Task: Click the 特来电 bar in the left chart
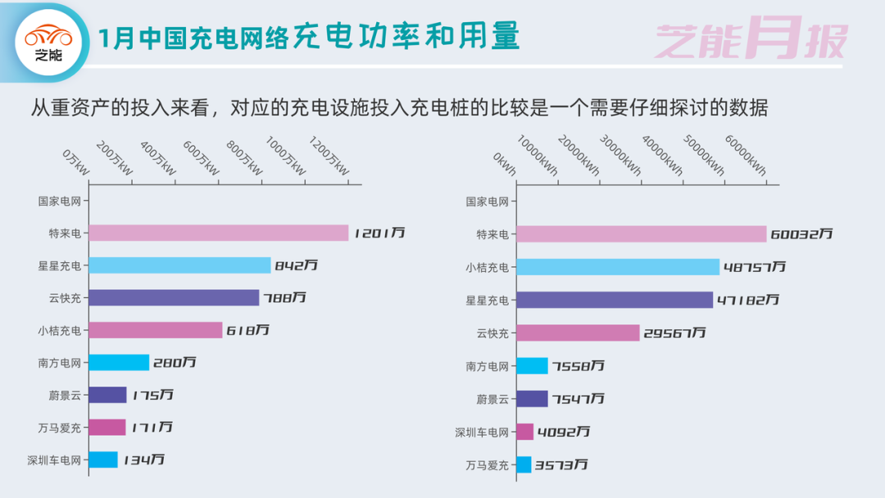[218, 233]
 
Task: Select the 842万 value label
[296, 265]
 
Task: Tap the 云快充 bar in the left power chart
[174, 297]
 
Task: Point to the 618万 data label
[248, 330]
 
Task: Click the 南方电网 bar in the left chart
[119, 362]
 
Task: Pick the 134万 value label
[144, 460]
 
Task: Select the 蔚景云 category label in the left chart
[66, 395]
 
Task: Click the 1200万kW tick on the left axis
[329, 158]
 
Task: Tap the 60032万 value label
[801, 234]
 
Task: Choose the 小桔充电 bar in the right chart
[618, 267]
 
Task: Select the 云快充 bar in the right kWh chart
[578, 333]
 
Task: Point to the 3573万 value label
[561, 465]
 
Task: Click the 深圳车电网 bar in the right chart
[524, 432]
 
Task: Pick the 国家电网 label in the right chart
[487, 201]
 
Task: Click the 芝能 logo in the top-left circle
[48, 43]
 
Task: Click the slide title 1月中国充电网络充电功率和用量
[308, 38]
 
